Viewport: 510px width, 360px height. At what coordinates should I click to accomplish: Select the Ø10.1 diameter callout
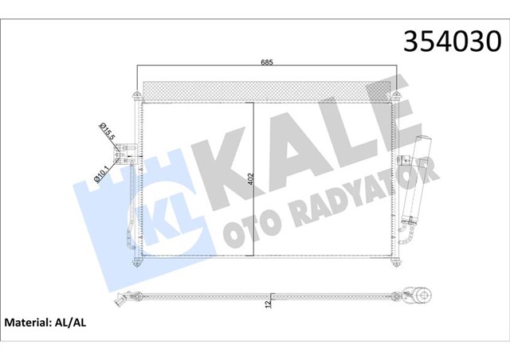[x=102, y=172]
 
